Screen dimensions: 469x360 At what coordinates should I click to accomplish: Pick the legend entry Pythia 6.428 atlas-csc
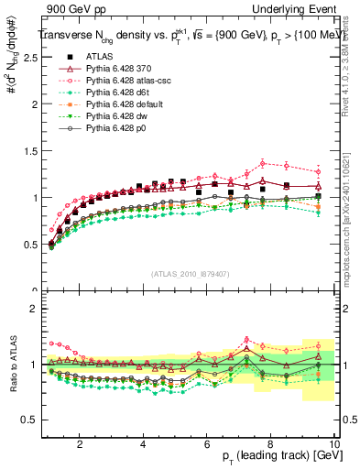point(124,81)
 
